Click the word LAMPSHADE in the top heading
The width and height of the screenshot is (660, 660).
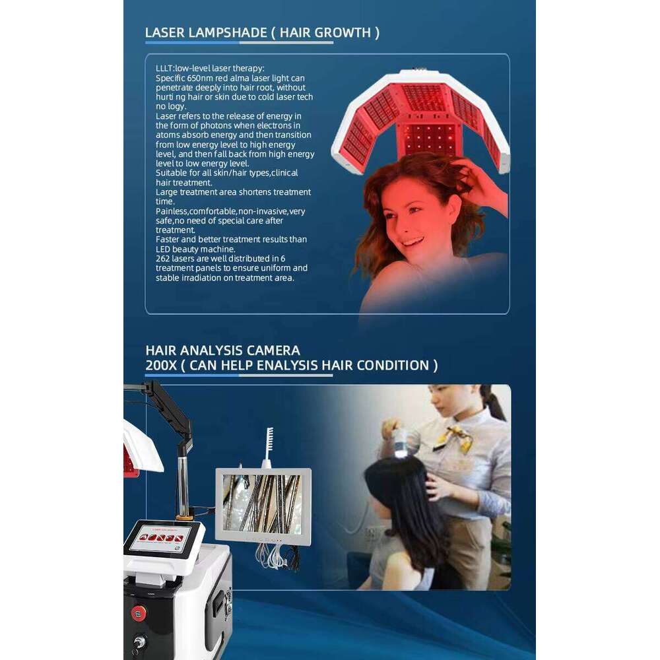[x=228, y=32]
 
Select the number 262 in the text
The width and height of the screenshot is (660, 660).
[x=162, y=259]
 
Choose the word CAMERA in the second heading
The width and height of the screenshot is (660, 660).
[x=273, y=350]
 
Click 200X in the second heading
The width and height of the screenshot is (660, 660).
[x=161, y=365]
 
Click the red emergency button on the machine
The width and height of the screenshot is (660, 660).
[x=138, y=612]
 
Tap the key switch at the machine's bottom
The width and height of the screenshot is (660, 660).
[x=139, y=644]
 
